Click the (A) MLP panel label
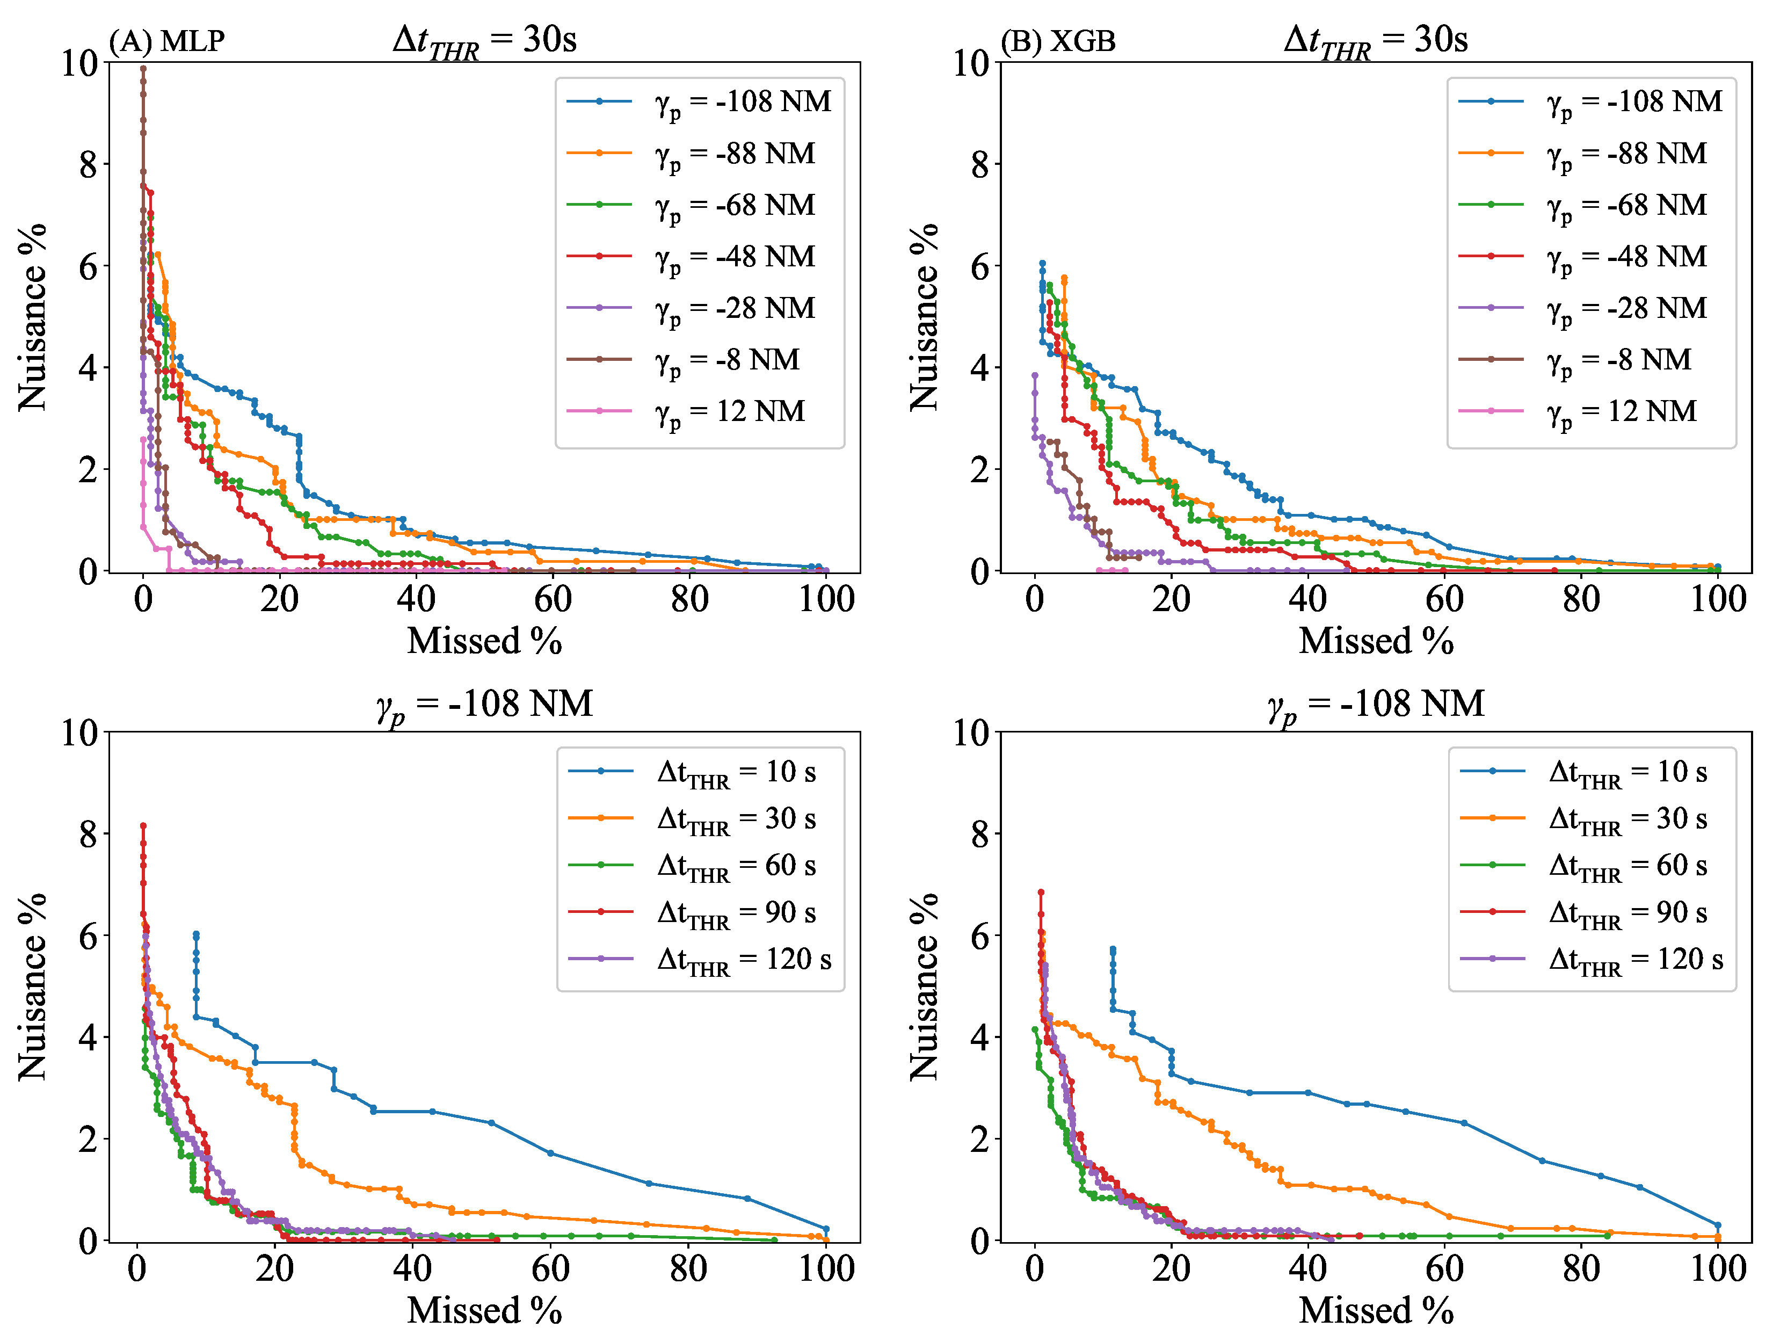pos(166,41)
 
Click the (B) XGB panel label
pos(1058,41)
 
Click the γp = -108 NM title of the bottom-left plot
pos(484,705)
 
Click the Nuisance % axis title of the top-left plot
pos(32,317)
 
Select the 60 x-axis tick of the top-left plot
pos(553,600)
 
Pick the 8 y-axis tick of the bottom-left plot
pos(88,835)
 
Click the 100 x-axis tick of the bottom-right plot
pos(1718,1269)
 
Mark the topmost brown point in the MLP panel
pos(143,68)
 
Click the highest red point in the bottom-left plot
pos(143,825)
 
